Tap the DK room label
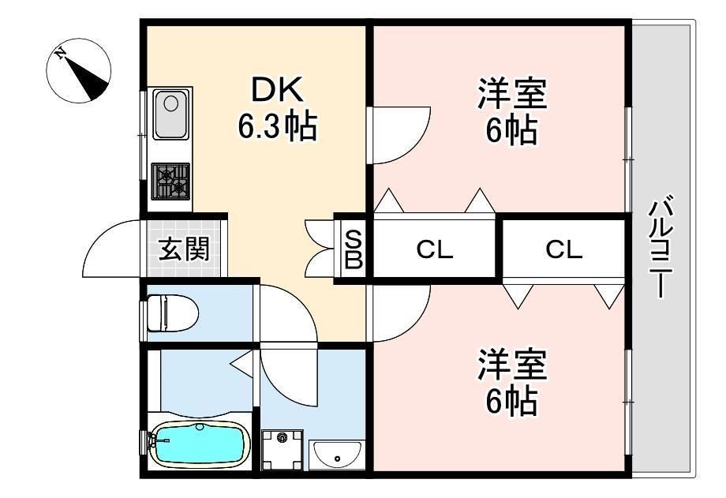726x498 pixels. [x=277, y=91]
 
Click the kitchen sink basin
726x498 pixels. [x=170, y=112]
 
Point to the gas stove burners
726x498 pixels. [x=170, y=181]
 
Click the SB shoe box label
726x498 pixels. [x=354, y=248]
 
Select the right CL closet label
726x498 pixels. [x=563, y=251]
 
